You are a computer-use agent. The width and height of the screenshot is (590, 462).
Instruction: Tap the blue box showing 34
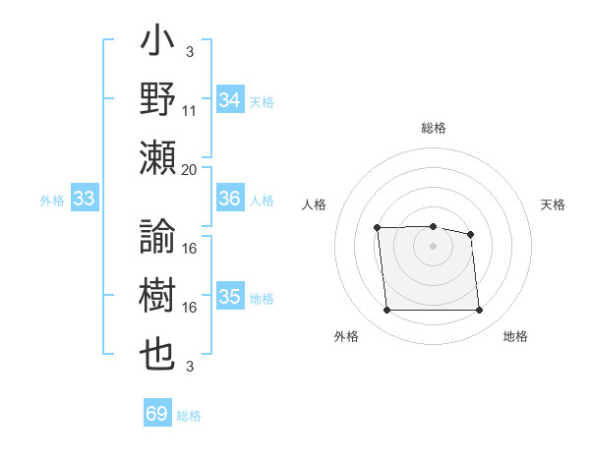pyautogui.click(x=229, y=100)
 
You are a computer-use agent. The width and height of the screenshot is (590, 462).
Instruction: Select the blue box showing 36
pyautogui.click(x=229, y=199)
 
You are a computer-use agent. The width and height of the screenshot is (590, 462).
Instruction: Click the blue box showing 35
pyautogui.click(x=229, y=297)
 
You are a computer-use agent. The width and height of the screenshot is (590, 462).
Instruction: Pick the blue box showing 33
pyautogui.click(x=85, y=200)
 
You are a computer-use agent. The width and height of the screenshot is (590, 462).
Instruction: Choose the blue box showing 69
pyautogui.click(x=157, y=414)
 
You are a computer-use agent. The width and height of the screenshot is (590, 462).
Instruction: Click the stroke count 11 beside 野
pyautogui.click(x=190, y=111)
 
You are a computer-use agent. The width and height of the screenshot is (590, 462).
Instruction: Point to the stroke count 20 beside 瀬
pyautogui.click(x=190, y=169)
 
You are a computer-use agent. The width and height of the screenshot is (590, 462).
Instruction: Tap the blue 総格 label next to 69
pyautogui.click(x=189, y=416)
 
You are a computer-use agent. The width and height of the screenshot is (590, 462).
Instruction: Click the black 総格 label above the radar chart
pyautogui.click(x=434, y=128)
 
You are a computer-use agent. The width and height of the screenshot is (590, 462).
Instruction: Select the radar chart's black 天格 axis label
pyautogui.click(x=554, y=204)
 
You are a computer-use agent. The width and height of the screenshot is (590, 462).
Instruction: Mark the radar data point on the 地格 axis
pyautogui.click(x=479, y=311)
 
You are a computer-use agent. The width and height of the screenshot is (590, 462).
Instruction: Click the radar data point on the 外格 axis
pyautogui.click(x=386, y=311)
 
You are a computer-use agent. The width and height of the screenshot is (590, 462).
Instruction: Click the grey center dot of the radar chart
pyautogui.click(x=433, y=246)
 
